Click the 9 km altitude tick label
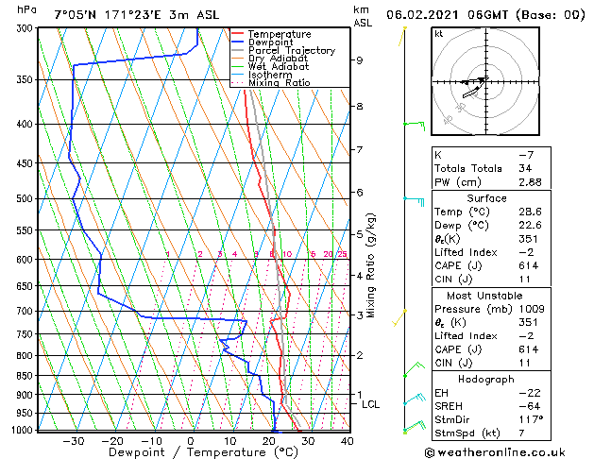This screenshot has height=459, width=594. click(360, 60)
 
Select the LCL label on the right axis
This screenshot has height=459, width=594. click(371, 404)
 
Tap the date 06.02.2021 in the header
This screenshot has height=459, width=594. click(430, 14)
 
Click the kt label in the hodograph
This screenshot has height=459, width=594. click(439, 33)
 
